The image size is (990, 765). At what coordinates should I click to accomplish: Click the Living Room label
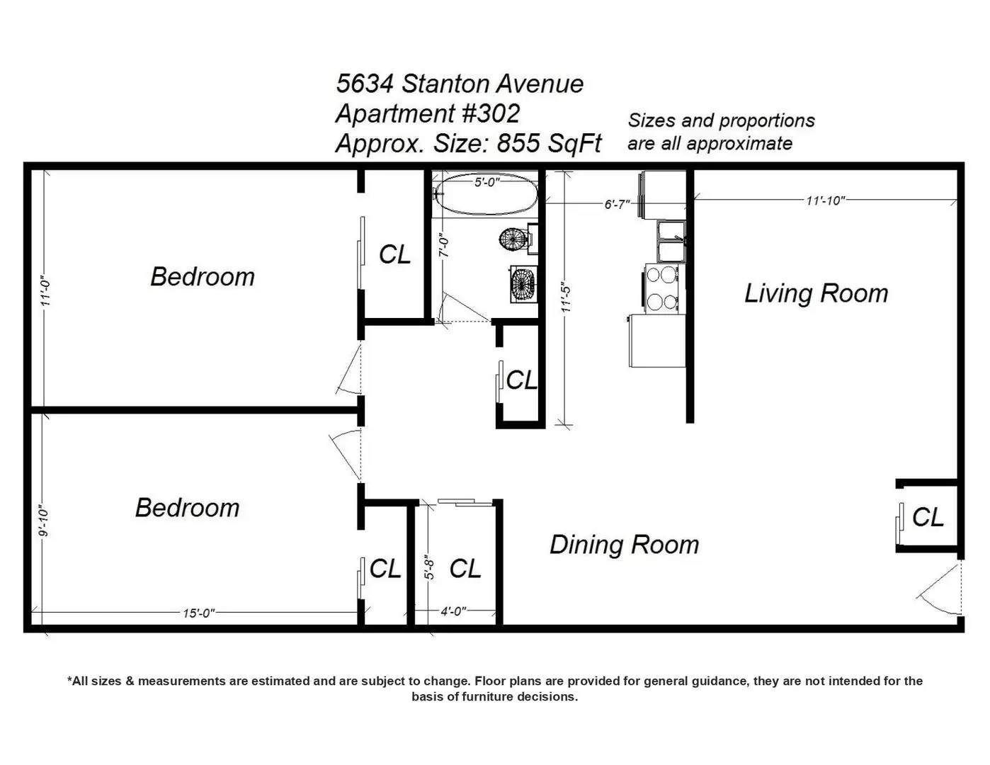click(x=816, y=293)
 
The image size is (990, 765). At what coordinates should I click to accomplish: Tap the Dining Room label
click(x=624, y=545)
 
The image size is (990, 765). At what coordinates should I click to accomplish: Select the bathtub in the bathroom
click(x=487, y=193)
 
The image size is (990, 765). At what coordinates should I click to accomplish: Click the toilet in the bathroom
click(x=518, y=238)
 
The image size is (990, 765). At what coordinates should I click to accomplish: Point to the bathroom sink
click(x=523, y=284)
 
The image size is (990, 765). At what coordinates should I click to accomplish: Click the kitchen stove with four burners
click(x=664, y=288)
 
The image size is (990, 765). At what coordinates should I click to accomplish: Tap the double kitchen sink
click(x=671, y=242)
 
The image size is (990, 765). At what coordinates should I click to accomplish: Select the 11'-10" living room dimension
click(x=826, y=200)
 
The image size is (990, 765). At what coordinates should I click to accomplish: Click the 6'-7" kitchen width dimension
click(x=617, y=204)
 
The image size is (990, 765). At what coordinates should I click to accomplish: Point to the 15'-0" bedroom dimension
click(x=199, y=613)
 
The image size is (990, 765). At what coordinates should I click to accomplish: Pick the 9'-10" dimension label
click(x=44, y=521)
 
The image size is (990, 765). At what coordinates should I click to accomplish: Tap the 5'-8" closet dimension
click(x=428, y=567)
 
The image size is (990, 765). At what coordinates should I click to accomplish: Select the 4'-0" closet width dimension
click(x=453, y=611)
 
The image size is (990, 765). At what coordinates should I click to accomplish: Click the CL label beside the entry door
click(x=928, y=517)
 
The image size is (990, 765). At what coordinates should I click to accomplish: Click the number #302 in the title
click(x=491, y=113)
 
